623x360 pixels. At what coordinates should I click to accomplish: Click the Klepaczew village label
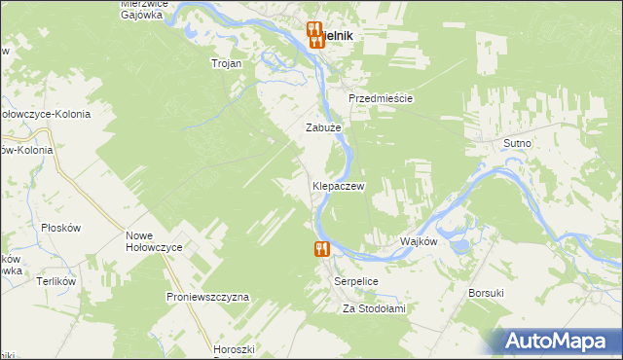[338, 185]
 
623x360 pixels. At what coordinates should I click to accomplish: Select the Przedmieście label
[382, 99]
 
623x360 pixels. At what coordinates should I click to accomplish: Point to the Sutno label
[517, 143]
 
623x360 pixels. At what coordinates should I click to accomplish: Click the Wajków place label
[419, 241]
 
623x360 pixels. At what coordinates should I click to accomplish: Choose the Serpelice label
[355, 280]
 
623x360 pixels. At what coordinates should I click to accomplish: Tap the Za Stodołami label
[373, 308]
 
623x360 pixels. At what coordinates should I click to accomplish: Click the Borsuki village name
[486, 292]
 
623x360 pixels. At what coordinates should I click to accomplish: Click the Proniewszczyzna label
[208, 296]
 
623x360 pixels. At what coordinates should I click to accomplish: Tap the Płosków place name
[59, 228]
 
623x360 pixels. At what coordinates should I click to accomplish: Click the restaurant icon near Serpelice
[322, 249]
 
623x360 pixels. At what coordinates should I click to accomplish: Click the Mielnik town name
[337, 35]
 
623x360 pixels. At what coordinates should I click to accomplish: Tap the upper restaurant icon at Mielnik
[313, 29]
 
